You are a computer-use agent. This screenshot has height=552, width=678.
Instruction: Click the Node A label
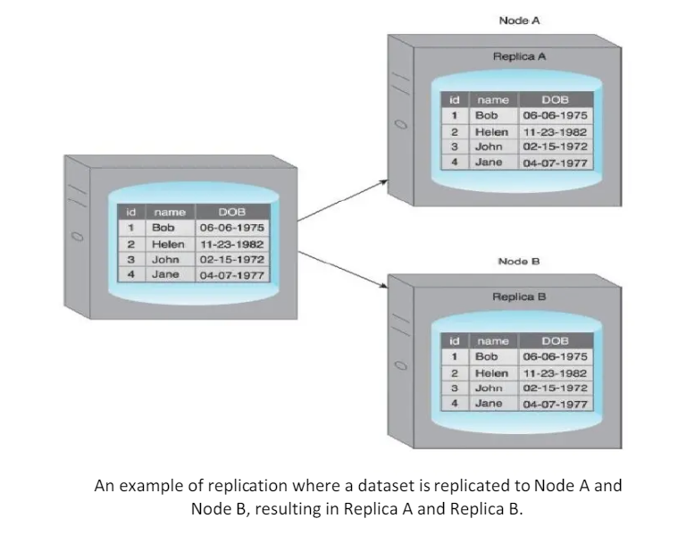[519, 20]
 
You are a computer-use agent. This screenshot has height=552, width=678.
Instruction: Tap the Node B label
[519, 261]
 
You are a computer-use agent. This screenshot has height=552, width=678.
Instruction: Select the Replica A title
[519, 56]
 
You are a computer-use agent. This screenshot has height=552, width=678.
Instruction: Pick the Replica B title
[519, 297]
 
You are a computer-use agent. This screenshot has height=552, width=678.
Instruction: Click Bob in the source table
[163, 228]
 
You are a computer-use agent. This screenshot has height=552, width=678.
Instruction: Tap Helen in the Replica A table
[490, 131]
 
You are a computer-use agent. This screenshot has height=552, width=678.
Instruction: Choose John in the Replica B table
[489, 388]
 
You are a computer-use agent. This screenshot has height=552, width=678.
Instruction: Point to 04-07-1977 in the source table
[231, 275]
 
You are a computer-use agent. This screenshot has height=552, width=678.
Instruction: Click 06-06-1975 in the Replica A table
[555, 115]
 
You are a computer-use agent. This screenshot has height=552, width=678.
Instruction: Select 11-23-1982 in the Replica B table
[555, 372]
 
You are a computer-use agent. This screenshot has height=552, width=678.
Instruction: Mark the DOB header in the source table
[231, 212]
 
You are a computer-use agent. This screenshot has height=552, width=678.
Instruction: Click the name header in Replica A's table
[492, 100]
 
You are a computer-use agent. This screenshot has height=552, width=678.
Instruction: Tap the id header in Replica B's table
[454, 340]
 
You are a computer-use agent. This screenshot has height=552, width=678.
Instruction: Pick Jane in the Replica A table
[488, 163]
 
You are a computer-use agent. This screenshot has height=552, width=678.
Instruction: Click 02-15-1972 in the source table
[231, 259]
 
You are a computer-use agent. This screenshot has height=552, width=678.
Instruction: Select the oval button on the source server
[77, 237]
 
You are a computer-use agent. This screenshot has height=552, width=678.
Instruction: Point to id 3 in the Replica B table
[454, 388]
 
